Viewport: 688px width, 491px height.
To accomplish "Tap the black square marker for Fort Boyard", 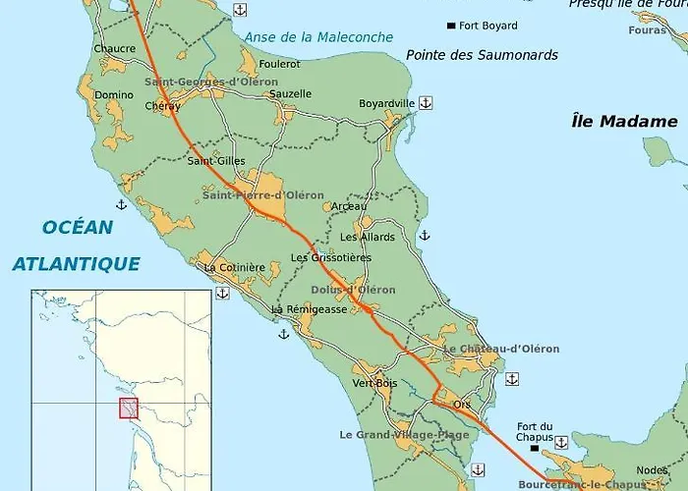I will [x=451, y=26].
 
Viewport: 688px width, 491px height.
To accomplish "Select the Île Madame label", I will [x=624, y=122].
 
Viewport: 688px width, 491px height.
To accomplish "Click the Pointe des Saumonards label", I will [x=482, y=55].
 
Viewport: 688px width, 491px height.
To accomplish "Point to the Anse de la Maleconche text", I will [x=318, y=37].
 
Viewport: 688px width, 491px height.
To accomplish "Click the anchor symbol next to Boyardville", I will [x=426, y=102].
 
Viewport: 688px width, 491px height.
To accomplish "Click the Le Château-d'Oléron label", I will [x=501, y=349].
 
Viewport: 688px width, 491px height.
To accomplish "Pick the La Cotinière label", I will [x=235, y=267].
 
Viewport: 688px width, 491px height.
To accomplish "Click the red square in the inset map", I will [x=129, y=408].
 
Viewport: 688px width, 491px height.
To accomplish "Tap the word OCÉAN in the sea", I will [x=78, y=228].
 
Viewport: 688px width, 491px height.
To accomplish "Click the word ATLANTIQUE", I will [x=76, y=263].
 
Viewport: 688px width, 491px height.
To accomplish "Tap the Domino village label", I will [x=114, y=95].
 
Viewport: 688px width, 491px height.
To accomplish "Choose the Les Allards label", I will [x=367, y=237].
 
